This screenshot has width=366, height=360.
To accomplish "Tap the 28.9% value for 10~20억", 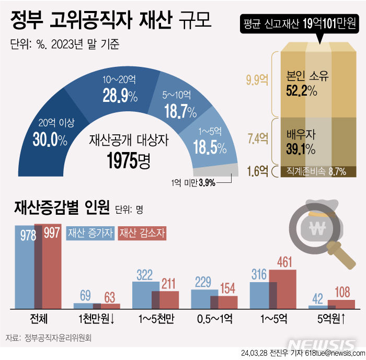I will [120, 95].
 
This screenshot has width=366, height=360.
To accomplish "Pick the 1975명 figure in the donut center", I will [129, 160].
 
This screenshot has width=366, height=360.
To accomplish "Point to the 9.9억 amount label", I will [257, 80].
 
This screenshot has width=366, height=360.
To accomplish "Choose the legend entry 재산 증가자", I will [90, 232].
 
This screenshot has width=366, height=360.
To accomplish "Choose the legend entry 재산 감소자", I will [142, 232].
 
